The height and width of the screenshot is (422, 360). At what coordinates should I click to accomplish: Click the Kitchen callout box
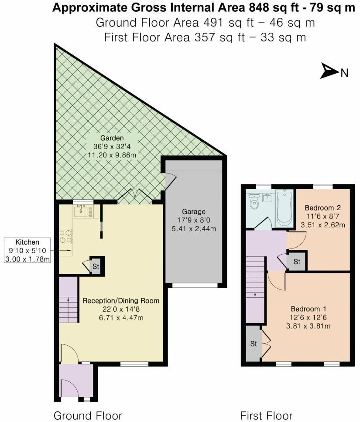(27, 251)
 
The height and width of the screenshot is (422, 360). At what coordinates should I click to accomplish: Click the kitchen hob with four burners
(66, 236)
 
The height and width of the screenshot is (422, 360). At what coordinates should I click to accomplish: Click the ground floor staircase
(68, 300)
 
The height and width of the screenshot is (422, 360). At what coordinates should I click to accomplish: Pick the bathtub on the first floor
(284, 208)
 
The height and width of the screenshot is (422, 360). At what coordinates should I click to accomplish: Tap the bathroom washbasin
(267, 199)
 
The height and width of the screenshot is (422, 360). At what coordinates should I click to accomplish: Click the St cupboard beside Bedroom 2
(297, 262)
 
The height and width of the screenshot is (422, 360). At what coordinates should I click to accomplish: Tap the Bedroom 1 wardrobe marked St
(252, 343)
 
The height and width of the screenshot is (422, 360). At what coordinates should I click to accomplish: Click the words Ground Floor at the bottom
(87, 415)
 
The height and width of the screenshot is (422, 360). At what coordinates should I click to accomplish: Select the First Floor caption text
(266, 415)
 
